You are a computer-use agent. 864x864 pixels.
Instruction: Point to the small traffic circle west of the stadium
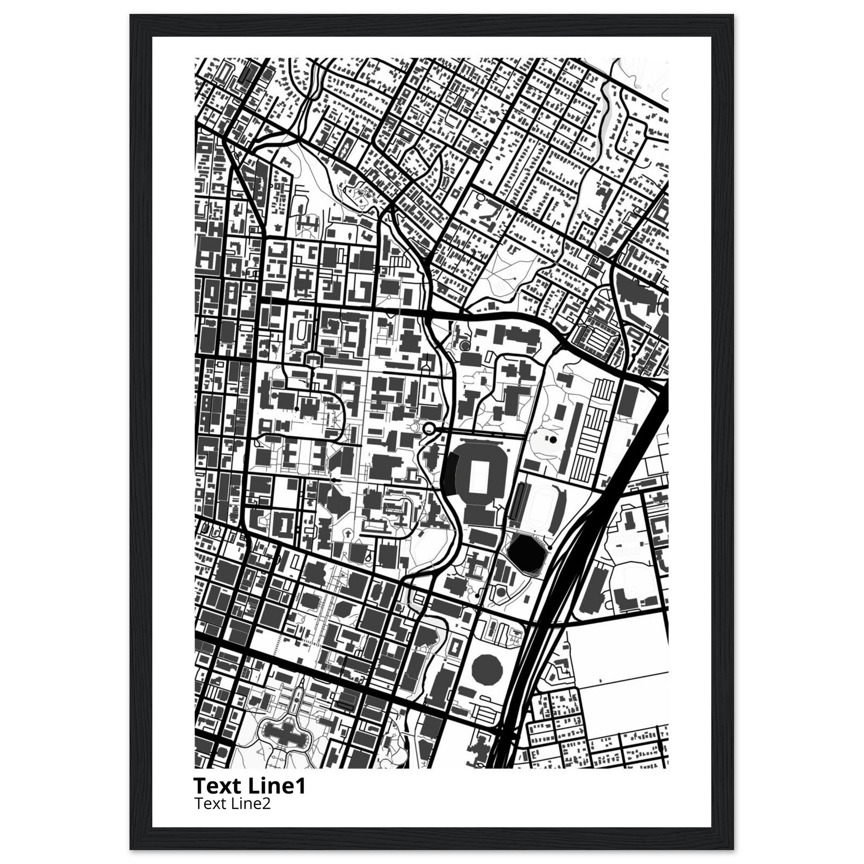[x=429, y=429]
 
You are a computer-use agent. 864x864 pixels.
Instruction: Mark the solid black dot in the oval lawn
[x=553, y=440]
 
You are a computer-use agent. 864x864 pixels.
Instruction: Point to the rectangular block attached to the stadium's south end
[x=480, y=514]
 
